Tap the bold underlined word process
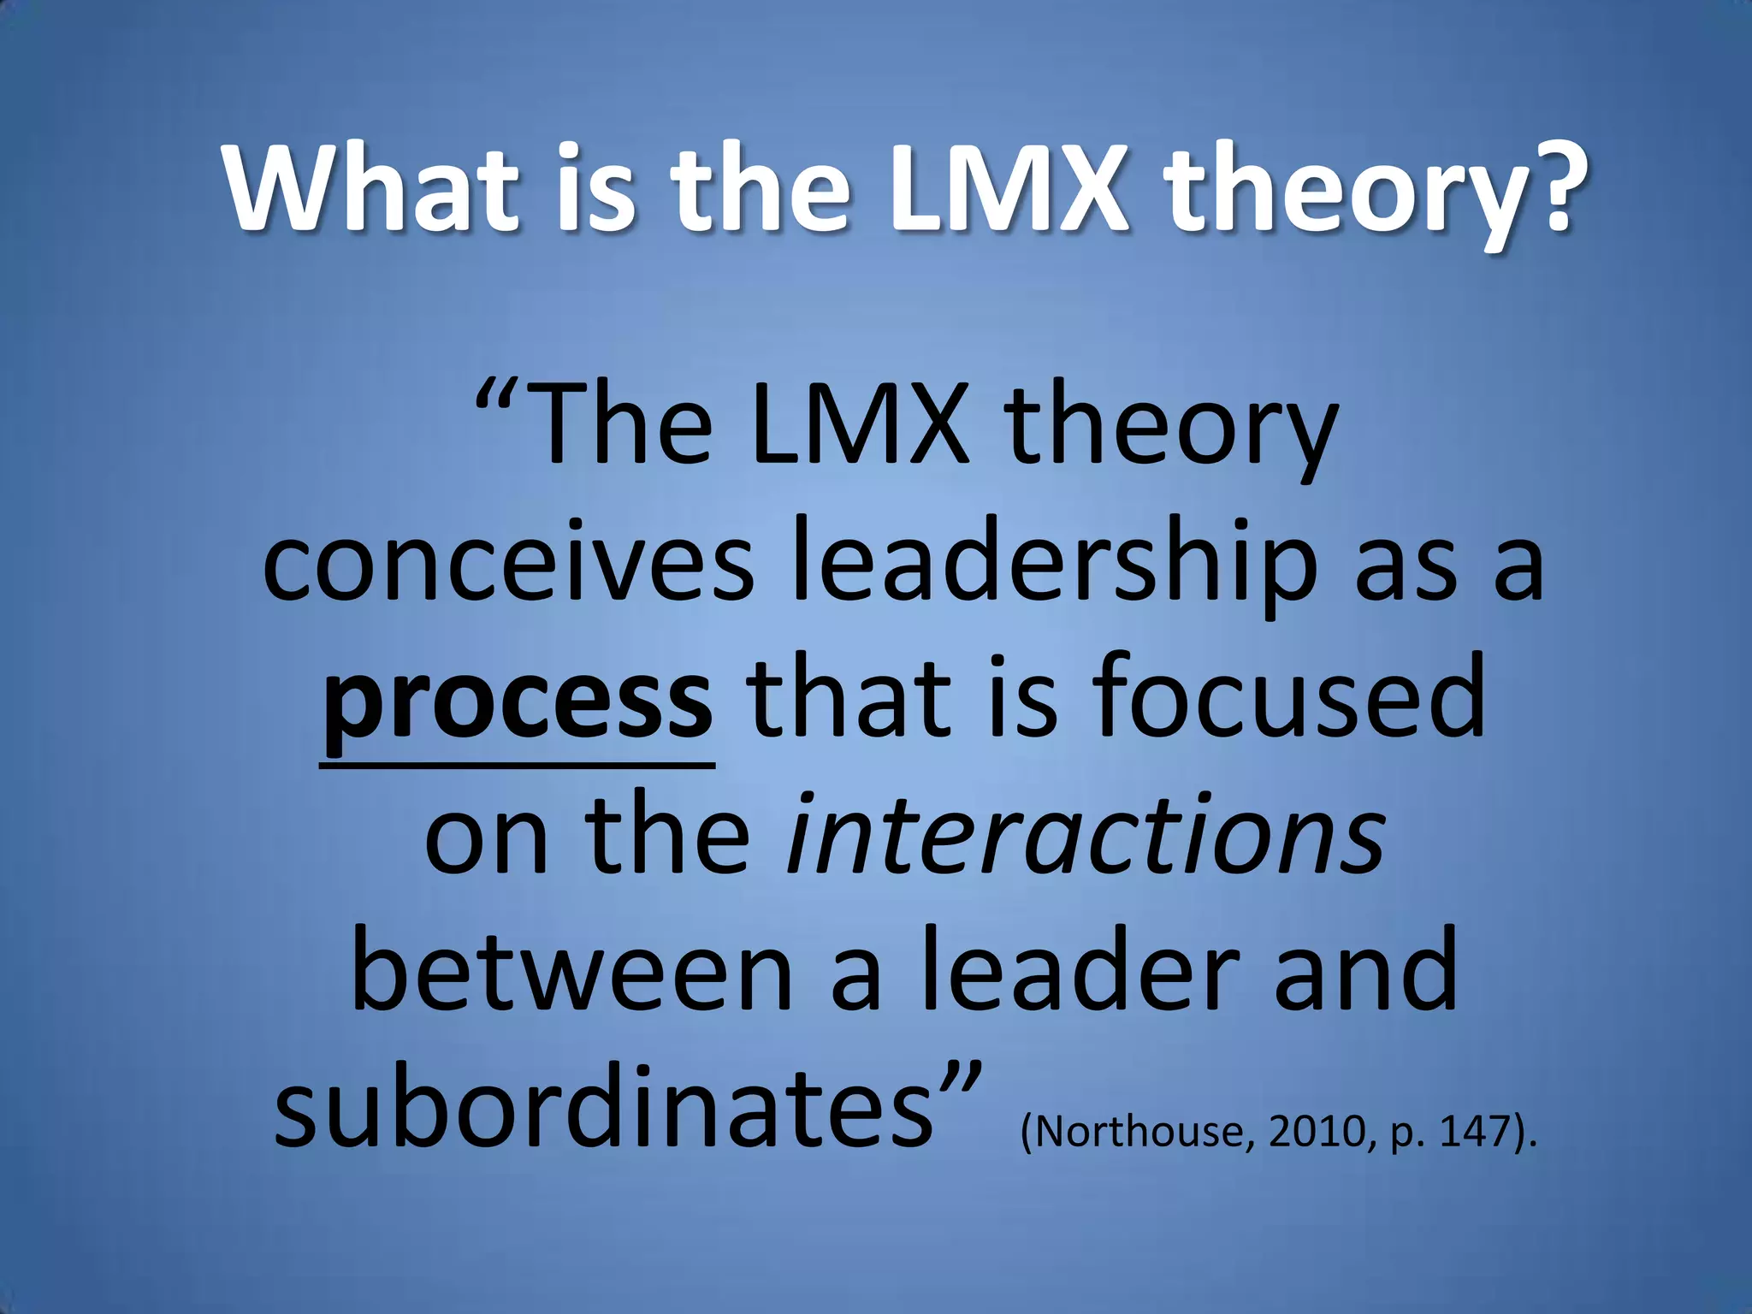(x=518, y=703)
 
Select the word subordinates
(x=603, y=1108)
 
